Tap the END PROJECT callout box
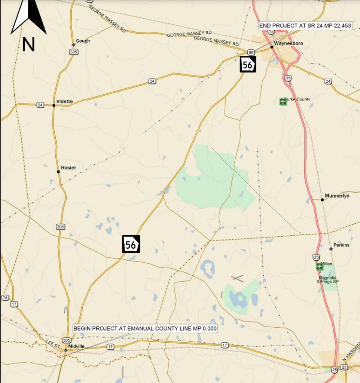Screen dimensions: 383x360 click(305, 26)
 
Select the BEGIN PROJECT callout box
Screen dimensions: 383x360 click(145, 328)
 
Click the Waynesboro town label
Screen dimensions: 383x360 click(288, 43)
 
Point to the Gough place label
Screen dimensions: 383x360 click(83, 41)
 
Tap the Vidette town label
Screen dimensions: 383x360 click(64, 102)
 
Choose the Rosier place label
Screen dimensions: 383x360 click(68, 168)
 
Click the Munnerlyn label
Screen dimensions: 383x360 click(337, 196)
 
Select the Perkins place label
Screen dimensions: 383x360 click(341, 245)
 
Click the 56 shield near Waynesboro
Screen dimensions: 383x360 click(248, 65)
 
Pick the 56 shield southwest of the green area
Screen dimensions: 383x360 click(131, 245)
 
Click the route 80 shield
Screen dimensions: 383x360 click(251, 52)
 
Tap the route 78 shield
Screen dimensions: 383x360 click(5, 298)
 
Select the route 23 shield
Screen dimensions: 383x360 click(344, 367)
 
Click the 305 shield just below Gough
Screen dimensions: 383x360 click(74, 52)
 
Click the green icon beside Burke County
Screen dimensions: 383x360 click(283, 101)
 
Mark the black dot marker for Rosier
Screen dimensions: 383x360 click(58, 172)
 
